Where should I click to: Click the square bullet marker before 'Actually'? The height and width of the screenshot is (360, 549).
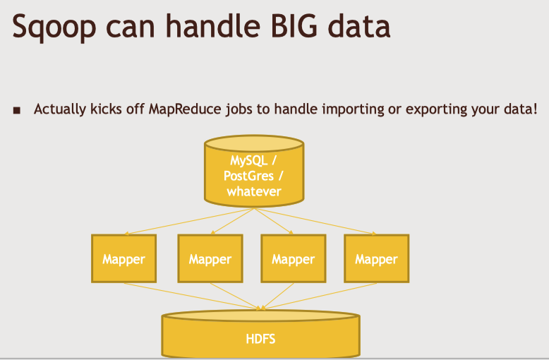[17, 110]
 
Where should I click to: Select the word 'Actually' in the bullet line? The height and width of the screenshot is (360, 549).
[59, 109]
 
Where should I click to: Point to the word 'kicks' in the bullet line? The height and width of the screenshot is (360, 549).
[104, 109]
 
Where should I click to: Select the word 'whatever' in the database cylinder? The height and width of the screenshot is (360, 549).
[254, 191]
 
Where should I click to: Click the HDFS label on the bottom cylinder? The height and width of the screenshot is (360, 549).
[260, 338]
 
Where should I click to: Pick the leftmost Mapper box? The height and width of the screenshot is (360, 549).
[123, 258]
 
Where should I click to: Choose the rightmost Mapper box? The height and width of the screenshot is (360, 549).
[376, 258]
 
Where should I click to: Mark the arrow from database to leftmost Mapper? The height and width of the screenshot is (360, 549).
[183, 220]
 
